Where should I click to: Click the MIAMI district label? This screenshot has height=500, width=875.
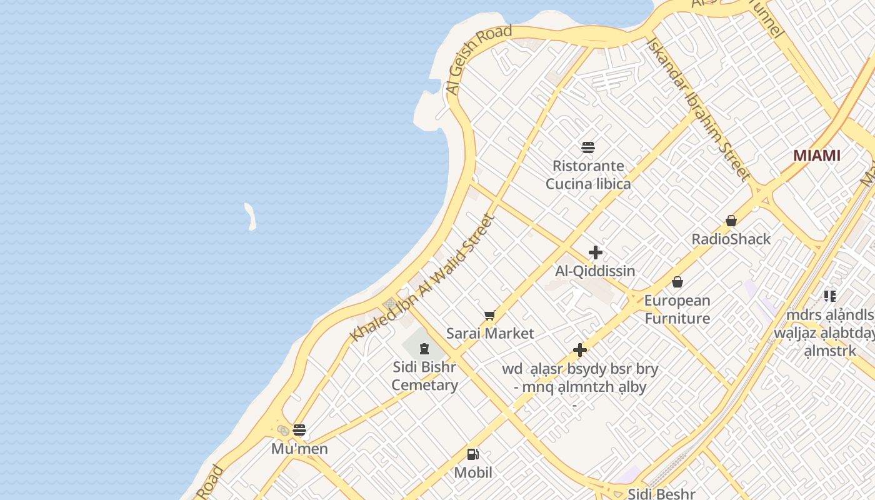point(817,156)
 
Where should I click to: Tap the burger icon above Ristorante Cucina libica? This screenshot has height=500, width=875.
point(588,147)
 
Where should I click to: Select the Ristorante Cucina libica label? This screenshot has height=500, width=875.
point(588,175)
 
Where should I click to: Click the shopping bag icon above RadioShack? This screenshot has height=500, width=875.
point(731,221)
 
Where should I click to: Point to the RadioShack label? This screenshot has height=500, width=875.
point(731,239)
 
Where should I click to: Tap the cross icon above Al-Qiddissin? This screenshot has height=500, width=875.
point(596,252)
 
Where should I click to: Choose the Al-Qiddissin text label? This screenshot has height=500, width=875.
point(595,271)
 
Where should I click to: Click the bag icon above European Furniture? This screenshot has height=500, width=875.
point(677,282)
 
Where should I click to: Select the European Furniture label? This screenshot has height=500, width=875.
point(677,309)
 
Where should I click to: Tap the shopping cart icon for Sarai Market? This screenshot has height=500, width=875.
point(490,316)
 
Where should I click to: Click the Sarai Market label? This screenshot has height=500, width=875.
point(490,333)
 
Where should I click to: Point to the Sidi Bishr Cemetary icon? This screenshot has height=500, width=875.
point(425,348)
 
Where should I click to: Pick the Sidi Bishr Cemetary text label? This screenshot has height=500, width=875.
point(425,376)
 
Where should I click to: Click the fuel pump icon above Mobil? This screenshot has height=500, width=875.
point(473,454)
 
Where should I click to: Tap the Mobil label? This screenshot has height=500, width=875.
point(473,472)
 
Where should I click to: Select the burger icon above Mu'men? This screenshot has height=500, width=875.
point(299,430)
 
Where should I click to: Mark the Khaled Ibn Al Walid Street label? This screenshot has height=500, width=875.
point(422,278)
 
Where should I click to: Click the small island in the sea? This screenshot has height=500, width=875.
point(250,216)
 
